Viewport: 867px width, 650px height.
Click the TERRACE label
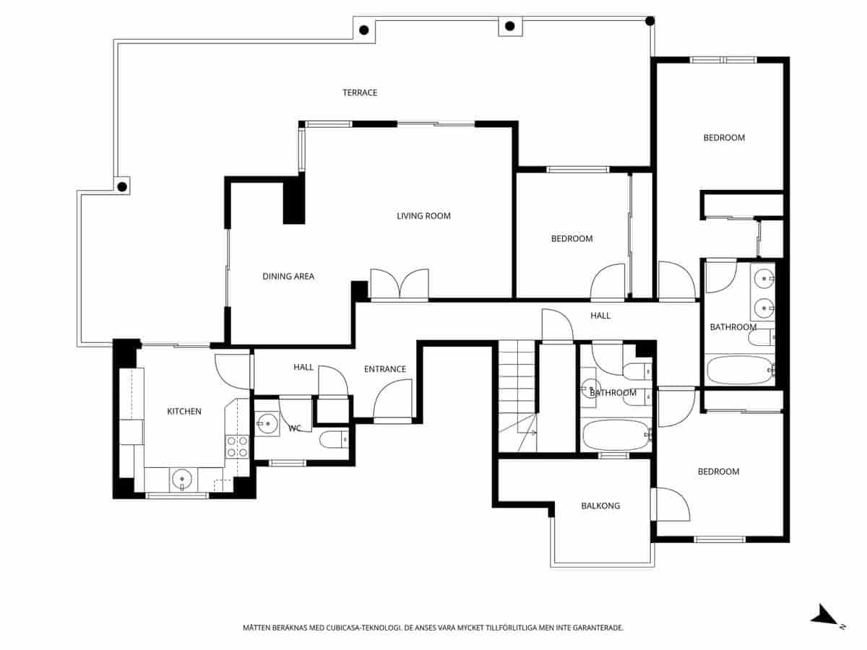tap(360, 92)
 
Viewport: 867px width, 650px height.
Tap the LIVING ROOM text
tap(423, 216)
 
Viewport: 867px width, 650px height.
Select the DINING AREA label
tap(288, 276)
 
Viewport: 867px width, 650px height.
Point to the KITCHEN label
tap(184, 411)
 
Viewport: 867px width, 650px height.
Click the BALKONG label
tap(600, 506)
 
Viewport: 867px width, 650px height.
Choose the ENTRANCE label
tap(384, 369)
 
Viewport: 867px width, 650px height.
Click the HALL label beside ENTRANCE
tap(303, 367)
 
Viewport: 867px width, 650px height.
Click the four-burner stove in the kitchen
tap(237, 446)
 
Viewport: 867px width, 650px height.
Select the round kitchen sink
tap(182, 478)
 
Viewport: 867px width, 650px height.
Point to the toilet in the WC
tap(333, 439)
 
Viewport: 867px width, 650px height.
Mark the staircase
tap(517, 397)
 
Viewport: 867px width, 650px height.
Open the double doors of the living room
tap(399, 284)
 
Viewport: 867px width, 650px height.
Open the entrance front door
tap(392, 402)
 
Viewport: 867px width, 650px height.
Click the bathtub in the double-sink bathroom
tap(738, 370)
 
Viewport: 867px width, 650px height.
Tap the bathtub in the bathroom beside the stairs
tap(616, 435)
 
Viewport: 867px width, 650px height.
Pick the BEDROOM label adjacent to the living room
tap(571, 238)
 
